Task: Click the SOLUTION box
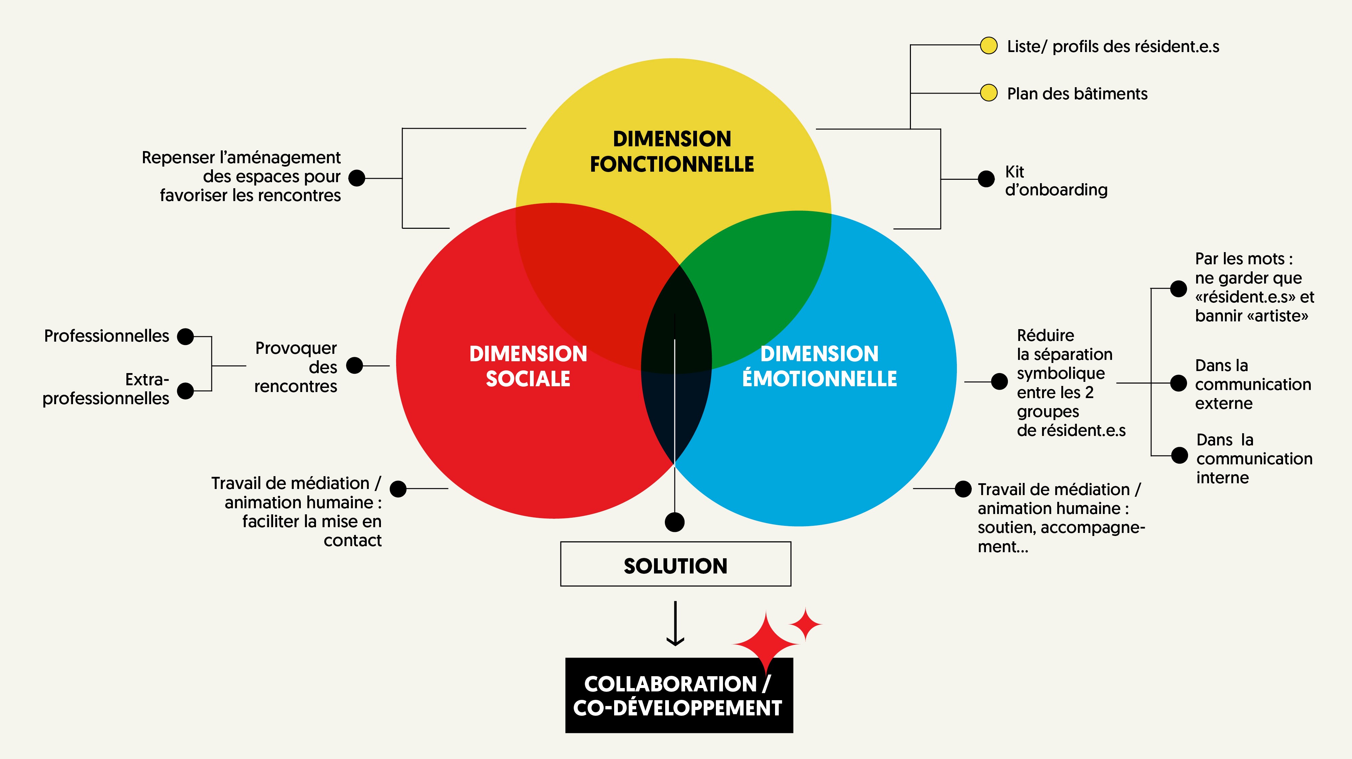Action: point(675,564)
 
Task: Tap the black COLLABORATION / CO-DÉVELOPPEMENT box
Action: point(679,695)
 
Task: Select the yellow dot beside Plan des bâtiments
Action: point(989,93)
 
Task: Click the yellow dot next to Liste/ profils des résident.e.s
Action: point(989,46)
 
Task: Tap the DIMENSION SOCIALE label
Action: point(528,366)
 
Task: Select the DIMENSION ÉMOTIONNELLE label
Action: point(819,366)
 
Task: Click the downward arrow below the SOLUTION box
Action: point(675,623)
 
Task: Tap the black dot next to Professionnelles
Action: point(185,337)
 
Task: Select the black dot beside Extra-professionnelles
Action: point(185,391)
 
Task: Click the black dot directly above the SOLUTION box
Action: point(674,522)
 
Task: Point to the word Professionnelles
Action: point(106,336)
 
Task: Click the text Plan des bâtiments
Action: point(1077,93)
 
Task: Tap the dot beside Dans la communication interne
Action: point(1179,455)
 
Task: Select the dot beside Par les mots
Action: point(1178,288)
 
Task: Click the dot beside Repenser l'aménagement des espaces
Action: point(357,178)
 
